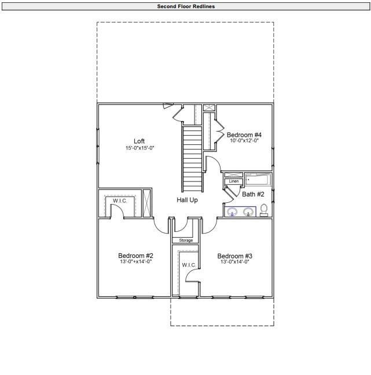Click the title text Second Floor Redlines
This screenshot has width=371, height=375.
[x=185, y=6]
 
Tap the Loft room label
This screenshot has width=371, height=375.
[x=139, y=141]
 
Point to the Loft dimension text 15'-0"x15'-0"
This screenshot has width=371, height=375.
[x=139, y=148]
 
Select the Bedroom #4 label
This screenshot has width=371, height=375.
[x=244, y=134]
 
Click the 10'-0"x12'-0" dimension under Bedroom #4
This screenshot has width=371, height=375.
[x=244, y=140]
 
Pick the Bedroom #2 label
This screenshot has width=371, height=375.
[x=135, y=256]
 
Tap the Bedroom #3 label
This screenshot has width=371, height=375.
[x=234, y=256]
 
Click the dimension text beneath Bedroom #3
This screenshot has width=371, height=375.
[x=234, y=262]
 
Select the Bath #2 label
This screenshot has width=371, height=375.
[x=253, y=194]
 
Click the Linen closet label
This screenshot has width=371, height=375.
[x=233, y=181]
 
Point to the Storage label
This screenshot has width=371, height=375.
[x=185, y=240]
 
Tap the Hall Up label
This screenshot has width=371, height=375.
[x=187, y=200]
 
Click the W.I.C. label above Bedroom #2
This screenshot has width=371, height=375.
[x=120, y=201]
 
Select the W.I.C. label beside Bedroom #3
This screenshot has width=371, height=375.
[x=189, y=265]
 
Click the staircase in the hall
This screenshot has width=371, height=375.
[x=193, y=159]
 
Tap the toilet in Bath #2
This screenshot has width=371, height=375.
[x=264, y=210]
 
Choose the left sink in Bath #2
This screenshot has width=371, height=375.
[x=233, y=212]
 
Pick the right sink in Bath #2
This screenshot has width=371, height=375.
[x=248, y=212]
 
